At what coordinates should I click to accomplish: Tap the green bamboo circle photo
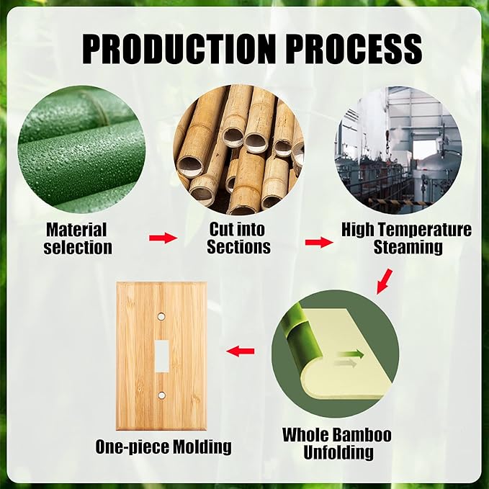[x=78, y=148]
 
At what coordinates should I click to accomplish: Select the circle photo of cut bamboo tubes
[x=238, y=148]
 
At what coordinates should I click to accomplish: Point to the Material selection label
[x=78, y=238]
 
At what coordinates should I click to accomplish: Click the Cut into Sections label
[x=238, y=238]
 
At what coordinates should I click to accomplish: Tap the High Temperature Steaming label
[x=407, y=238]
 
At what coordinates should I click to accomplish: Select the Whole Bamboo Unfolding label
[x=336, y=444]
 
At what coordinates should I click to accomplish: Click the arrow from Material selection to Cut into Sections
[x=163, y=238]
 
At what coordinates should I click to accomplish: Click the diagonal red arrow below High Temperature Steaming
[x=385, y=281]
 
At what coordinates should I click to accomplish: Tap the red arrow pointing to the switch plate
[x=241, y=351]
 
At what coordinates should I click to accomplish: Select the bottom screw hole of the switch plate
[x=161, y=395]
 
